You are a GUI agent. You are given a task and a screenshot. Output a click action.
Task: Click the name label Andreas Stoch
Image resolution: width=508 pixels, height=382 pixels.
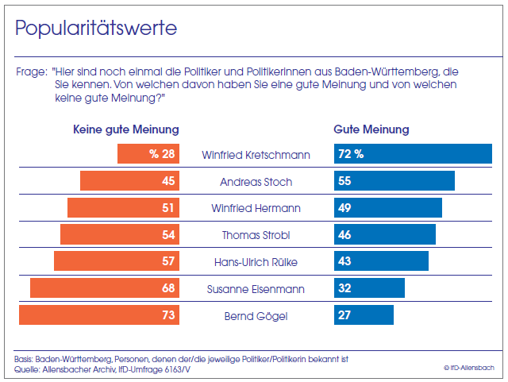[x=256, y=182]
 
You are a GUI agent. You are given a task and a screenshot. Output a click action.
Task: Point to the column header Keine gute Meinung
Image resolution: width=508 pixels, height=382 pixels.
[x=126, y=129]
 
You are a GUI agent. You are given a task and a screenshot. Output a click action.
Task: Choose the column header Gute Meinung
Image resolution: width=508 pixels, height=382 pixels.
[x=371, y=129]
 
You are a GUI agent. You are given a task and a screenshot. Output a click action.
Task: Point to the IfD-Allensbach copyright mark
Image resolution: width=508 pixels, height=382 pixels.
[x=469, y=367]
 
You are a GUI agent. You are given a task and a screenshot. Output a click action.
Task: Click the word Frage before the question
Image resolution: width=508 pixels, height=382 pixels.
[x=29, y=71]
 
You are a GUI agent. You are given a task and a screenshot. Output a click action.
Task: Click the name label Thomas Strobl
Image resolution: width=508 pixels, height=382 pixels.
[x=256, y=234]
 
